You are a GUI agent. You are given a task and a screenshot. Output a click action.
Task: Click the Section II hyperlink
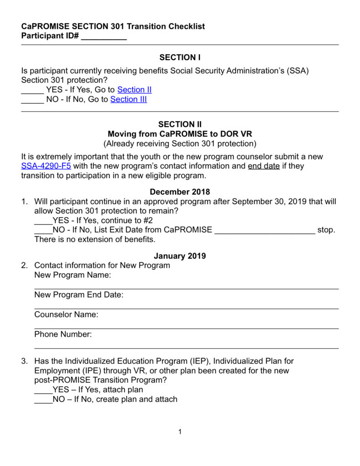[x=134, y=90]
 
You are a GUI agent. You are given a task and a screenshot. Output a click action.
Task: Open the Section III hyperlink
[x=128, y=99]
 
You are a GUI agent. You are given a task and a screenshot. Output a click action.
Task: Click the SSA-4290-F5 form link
[x=46, y=166]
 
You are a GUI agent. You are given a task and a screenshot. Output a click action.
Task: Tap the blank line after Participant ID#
[x=104, y=37]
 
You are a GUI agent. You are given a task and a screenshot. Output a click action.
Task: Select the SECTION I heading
[x=180, y=57]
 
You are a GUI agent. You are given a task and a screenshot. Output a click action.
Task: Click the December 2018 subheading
[x=180, y=192]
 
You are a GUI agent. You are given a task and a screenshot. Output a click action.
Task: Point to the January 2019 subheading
[x=180, y=256]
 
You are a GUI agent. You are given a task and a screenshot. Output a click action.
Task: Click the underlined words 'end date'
[x=264, y=166]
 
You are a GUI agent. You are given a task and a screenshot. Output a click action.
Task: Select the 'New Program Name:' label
[x=73, y=275]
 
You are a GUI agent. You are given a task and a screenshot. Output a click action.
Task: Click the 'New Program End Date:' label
[x=79, y=295]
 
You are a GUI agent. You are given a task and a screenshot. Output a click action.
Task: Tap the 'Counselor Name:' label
[x=66, y=314]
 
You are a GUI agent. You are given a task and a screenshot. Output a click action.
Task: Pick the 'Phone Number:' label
[x=63, y=334]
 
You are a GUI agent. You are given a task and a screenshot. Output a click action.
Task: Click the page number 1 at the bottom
[x=180, y=432]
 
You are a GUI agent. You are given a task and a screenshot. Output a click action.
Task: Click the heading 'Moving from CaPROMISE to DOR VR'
[x=180, y=134]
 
